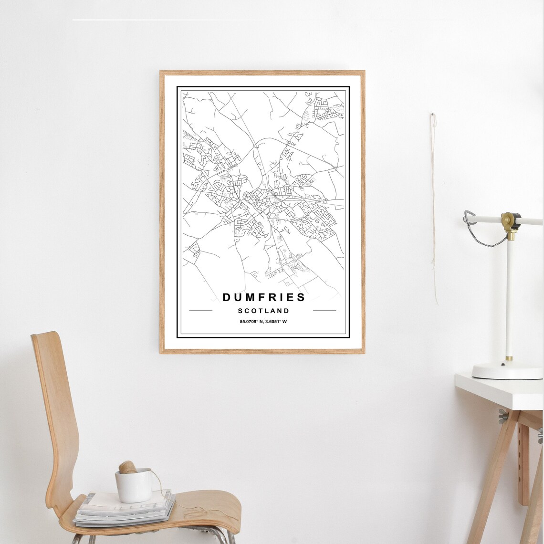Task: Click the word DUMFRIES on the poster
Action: pyautogui.click(x=264, y=297)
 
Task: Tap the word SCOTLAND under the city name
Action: pyautogui.click(x=263, y=311)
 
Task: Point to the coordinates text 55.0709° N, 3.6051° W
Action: pyautogui.click(x=263, y=322)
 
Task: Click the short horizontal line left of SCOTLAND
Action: pyautogui.click(x=200, y=311)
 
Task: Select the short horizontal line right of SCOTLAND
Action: pyautogui.click(x=324, y=311)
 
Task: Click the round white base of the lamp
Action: pyautogui.click(x=507, y=371)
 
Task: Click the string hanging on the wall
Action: pyautogui.click(x=434, y=215)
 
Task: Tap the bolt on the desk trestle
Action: pyautogui.click(x=502, y=416)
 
